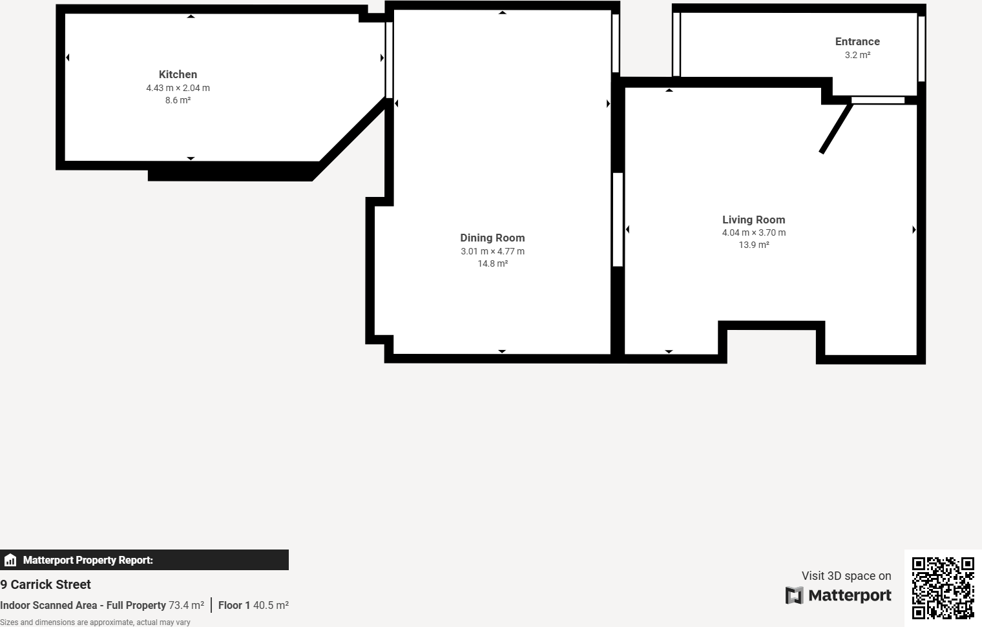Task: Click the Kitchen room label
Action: [178, 74]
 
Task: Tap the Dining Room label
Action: [492, 238]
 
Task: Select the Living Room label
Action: [753, 220]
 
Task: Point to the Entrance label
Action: [857, 41]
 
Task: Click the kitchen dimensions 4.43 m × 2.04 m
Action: [178, 88]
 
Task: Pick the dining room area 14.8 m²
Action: [492, 263]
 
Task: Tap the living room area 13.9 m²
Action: [753, 245]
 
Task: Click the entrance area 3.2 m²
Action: [857, 55]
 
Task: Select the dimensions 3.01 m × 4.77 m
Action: [492, 251]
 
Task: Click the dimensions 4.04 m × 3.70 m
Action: [753, 232]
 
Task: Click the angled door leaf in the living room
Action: [836, 128]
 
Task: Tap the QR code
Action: [943, 588]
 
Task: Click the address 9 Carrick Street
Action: [45, 584]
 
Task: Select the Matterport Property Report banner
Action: [144, 560]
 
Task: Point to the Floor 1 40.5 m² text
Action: [253, 606]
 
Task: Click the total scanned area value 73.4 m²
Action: [186, 606]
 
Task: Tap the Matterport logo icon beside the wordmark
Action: [795, 595]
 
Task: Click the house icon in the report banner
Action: [10, 560]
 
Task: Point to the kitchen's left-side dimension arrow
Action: [67, 57]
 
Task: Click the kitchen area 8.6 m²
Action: [178, 100]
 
